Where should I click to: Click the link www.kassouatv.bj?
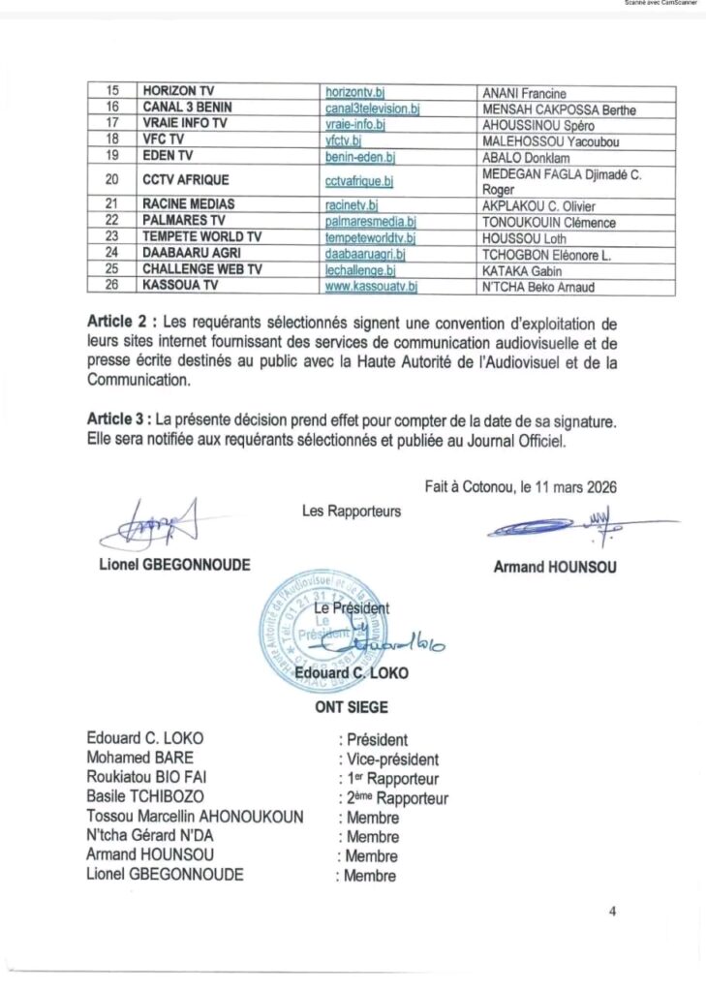pos(371,288)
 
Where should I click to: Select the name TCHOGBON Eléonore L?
pos(540,254)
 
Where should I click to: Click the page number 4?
pos(612,910)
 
